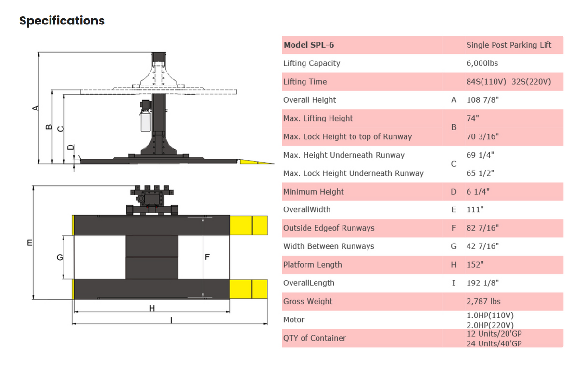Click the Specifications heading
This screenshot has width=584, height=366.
[x=62, y=21]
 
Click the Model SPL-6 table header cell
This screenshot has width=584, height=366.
[x=309, y=45]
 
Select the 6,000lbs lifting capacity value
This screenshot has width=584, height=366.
[x=482, y=63]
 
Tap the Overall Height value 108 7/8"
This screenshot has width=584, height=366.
[x=482, y=100]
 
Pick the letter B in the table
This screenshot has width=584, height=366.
[x=453, y=127]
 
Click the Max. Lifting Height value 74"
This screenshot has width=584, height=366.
[x=473, y=118]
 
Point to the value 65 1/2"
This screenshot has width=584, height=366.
[x=480, y=173]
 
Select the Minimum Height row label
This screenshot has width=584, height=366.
[x=313, y=192]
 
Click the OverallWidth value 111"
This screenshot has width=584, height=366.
[x=475, y=210]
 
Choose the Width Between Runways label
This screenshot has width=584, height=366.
[x=329, y=246]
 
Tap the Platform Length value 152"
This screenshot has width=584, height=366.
[x=475, y=265]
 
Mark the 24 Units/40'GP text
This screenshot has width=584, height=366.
[x=494, y=343]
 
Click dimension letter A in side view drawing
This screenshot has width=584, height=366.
[x=35, y=108]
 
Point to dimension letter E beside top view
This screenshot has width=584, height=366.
[x=29, y=243]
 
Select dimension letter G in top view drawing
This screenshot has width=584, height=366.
[x=60, y=257]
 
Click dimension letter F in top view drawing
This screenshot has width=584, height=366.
[x=207, y=257]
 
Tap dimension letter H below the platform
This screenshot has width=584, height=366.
[x=152, y=308]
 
